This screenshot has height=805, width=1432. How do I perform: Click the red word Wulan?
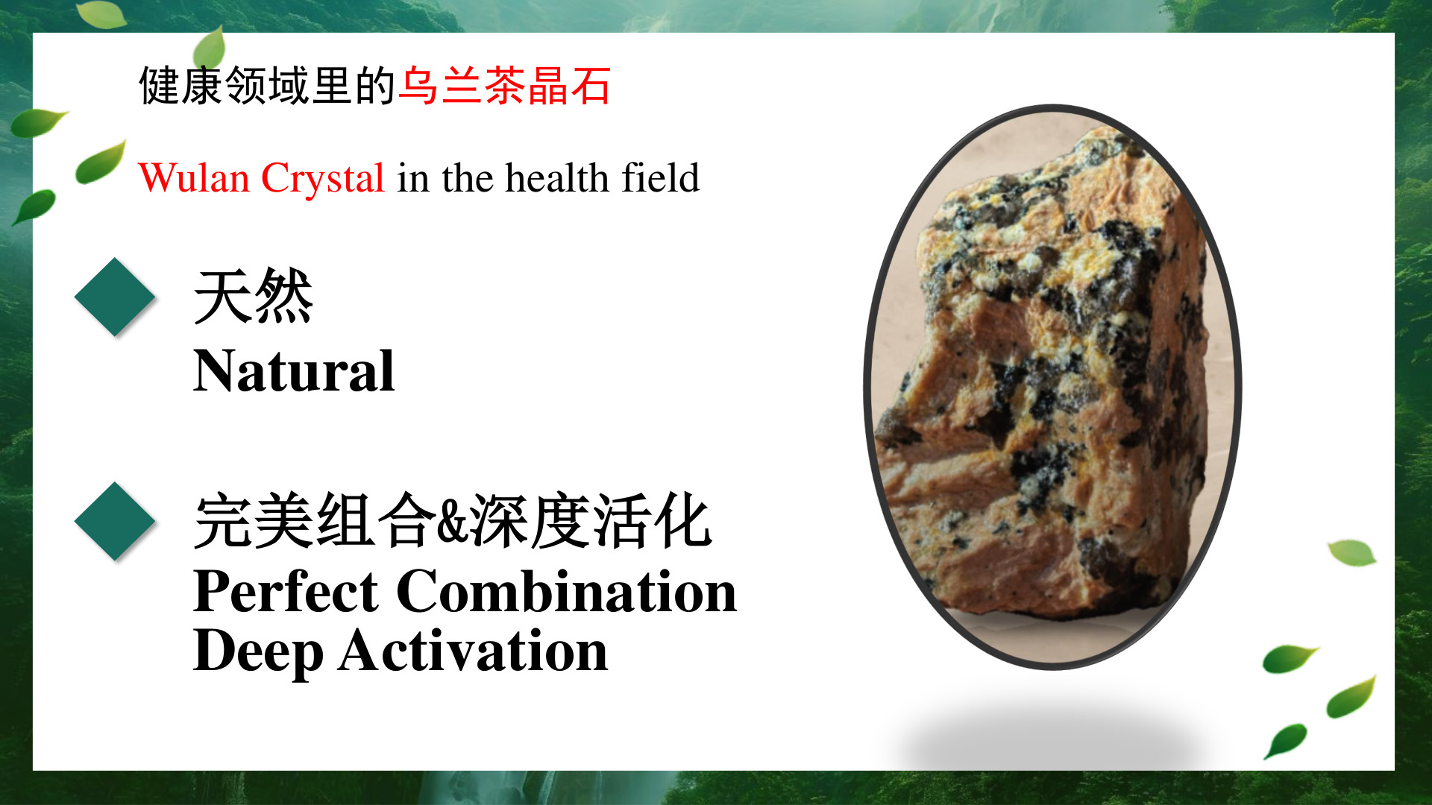coord(194,178)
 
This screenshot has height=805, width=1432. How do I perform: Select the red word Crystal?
coord(323,180)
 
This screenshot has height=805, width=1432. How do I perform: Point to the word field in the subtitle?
coord(661,177)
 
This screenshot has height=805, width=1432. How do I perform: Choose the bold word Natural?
coord(294,370)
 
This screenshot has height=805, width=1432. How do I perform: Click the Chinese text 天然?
coord(253,297)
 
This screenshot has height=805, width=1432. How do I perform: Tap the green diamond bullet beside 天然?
coord(115,297)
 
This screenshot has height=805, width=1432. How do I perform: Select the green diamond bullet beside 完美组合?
coord(115,521)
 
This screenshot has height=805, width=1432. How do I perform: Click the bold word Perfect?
coord(286,591)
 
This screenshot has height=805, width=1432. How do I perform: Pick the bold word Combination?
coord(567,591)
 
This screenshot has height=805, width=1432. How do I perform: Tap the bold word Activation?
coord(474,650)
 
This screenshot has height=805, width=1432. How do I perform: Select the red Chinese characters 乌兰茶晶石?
coord(505,85)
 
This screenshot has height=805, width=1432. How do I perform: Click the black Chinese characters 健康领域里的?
coord(268,85)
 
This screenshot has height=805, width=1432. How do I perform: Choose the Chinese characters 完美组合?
coord(315,521)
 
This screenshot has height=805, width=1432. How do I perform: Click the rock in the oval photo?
coord(1044,373)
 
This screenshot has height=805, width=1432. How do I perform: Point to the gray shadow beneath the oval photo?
coord(1052,734)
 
